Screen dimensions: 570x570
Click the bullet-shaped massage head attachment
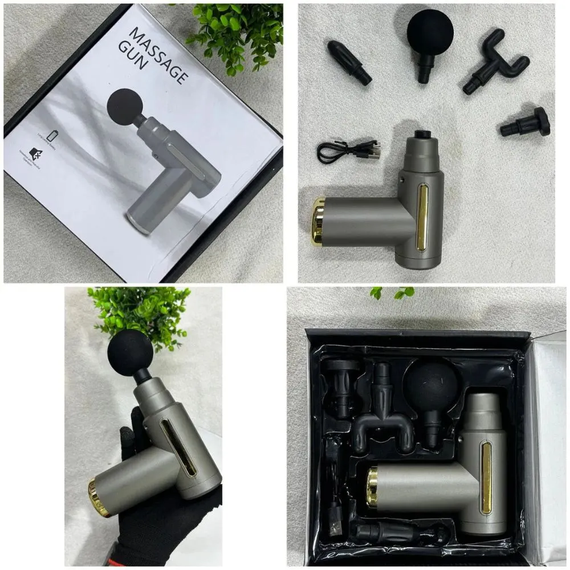(348, 62)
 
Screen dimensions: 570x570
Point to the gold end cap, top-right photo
(318, 221)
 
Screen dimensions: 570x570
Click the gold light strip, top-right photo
(422, 217)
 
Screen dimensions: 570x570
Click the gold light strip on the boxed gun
(486, 477)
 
